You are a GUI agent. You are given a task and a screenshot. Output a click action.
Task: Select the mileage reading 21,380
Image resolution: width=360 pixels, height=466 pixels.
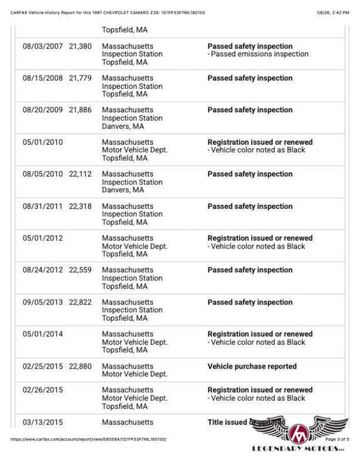(80, 46)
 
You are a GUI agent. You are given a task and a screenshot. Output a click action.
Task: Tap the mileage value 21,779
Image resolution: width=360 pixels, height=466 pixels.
(80, 78)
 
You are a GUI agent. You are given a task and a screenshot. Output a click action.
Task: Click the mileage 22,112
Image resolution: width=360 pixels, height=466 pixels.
(80, 174)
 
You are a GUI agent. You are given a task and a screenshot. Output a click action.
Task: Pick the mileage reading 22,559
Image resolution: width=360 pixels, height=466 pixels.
(80, 270)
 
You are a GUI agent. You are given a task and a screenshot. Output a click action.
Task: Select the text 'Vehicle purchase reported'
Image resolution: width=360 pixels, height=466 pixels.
(251, 366)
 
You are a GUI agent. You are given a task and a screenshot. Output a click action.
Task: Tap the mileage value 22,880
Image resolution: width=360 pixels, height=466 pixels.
(80, 366)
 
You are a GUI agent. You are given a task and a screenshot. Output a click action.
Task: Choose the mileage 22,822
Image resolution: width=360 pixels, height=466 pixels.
(80, 302)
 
